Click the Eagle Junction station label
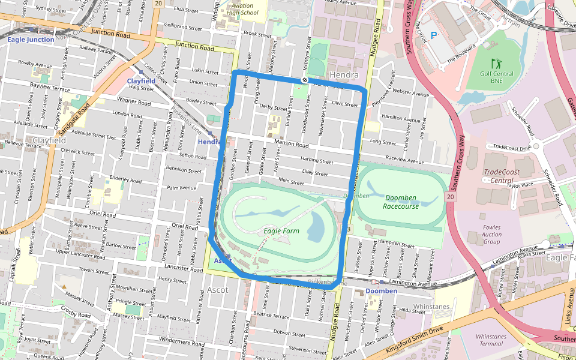click(31, 40)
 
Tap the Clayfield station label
click(141, 80)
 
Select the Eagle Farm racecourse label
click(281, 230)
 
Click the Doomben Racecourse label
click(401, 202)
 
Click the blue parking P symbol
click(433, 35)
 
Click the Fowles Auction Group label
click(491, 235)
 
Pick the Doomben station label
click(381, 291)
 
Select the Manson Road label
click(292, 145)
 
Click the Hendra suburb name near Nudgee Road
click(344, 75)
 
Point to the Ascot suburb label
click(217, 290)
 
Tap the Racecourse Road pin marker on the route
click(305, 80)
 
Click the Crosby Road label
click(76, 314)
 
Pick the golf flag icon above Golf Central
click(496, 63)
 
